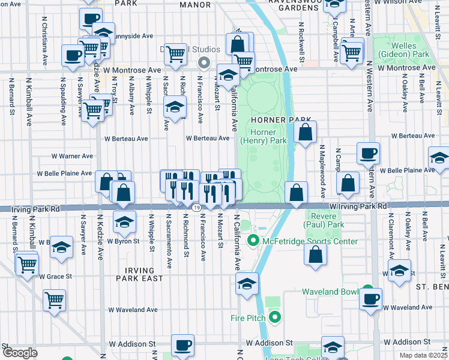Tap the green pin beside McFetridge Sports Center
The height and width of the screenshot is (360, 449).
[253, 242]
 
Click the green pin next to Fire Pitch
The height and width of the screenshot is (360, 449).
[275, 317]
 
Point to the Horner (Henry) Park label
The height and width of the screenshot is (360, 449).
[264, 136]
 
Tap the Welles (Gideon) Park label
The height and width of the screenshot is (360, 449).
[409, 50]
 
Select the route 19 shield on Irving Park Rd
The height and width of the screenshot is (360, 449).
[196, 208]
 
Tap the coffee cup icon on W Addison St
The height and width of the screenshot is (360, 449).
[183, 345]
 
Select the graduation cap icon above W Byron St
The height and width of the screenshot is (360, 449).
[124, 221]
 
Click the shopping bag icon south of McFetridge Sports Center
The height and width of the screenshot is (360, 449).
[315, 254]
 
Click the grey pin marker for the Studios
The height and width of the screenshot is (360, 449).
[204, 62]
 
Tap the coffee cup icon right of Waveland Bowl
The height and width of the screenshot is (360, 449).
[371, 298]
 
